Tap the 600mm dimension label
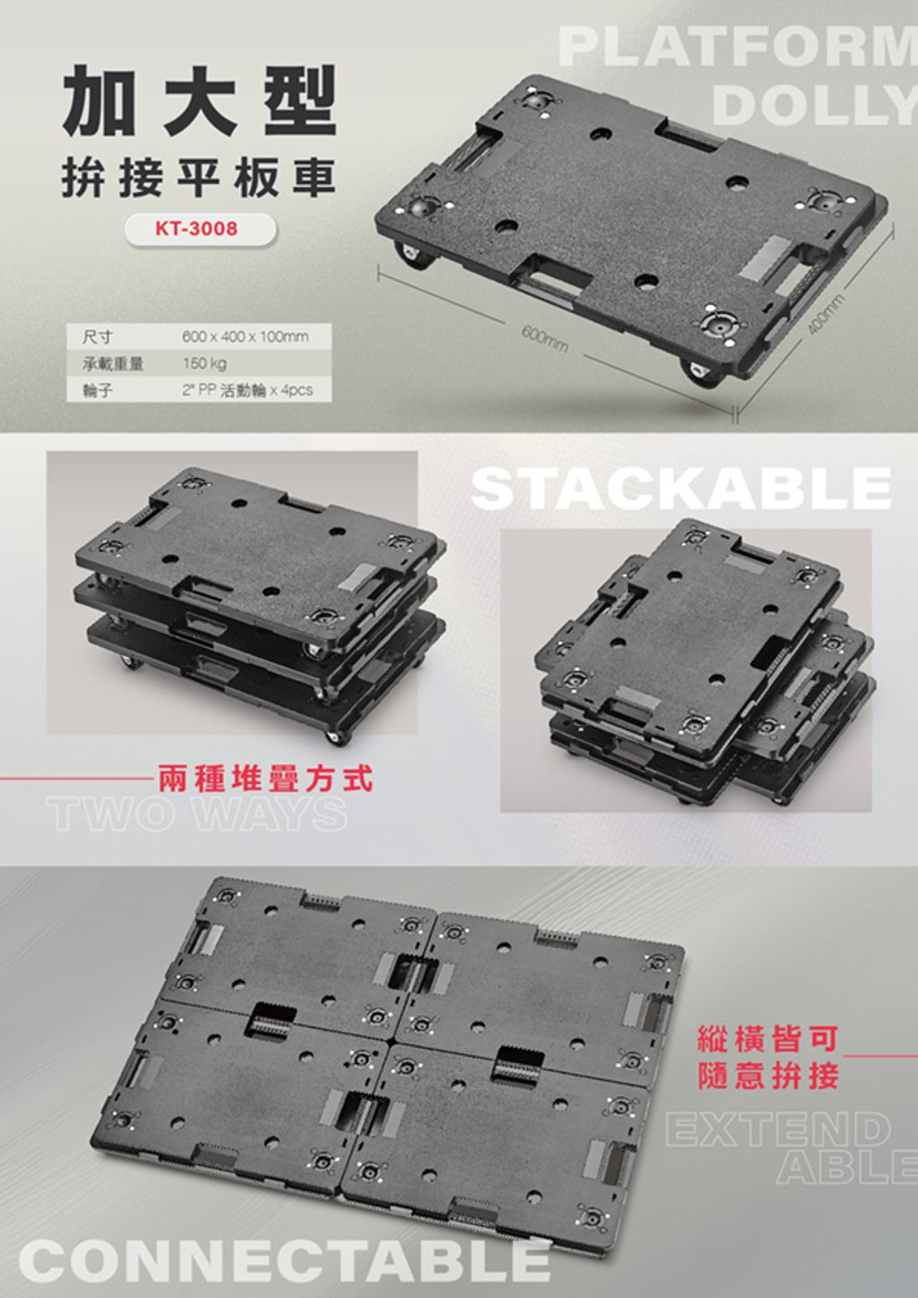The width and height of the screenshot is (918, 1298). click(544, 340)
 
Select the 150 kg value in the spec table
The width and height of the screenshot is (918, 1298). click(204, 364)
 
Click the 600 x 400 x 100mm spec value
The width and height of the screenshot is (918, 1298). click(245, 336)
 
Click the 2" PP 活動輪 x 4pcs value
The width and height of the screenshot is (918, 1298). click(247, 390)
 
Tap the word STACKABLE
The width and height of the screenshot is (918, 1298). click(681, 489)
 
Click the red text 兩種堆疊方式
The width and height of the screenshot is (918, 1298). click(264, 779)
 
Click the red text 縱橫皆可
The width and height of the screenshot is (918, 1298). click(768, 1040)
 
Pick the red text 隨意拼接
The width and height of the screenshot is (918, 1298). click(768, 1076)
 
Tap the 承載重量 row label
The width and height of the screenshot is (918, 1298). click(113, 364)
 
